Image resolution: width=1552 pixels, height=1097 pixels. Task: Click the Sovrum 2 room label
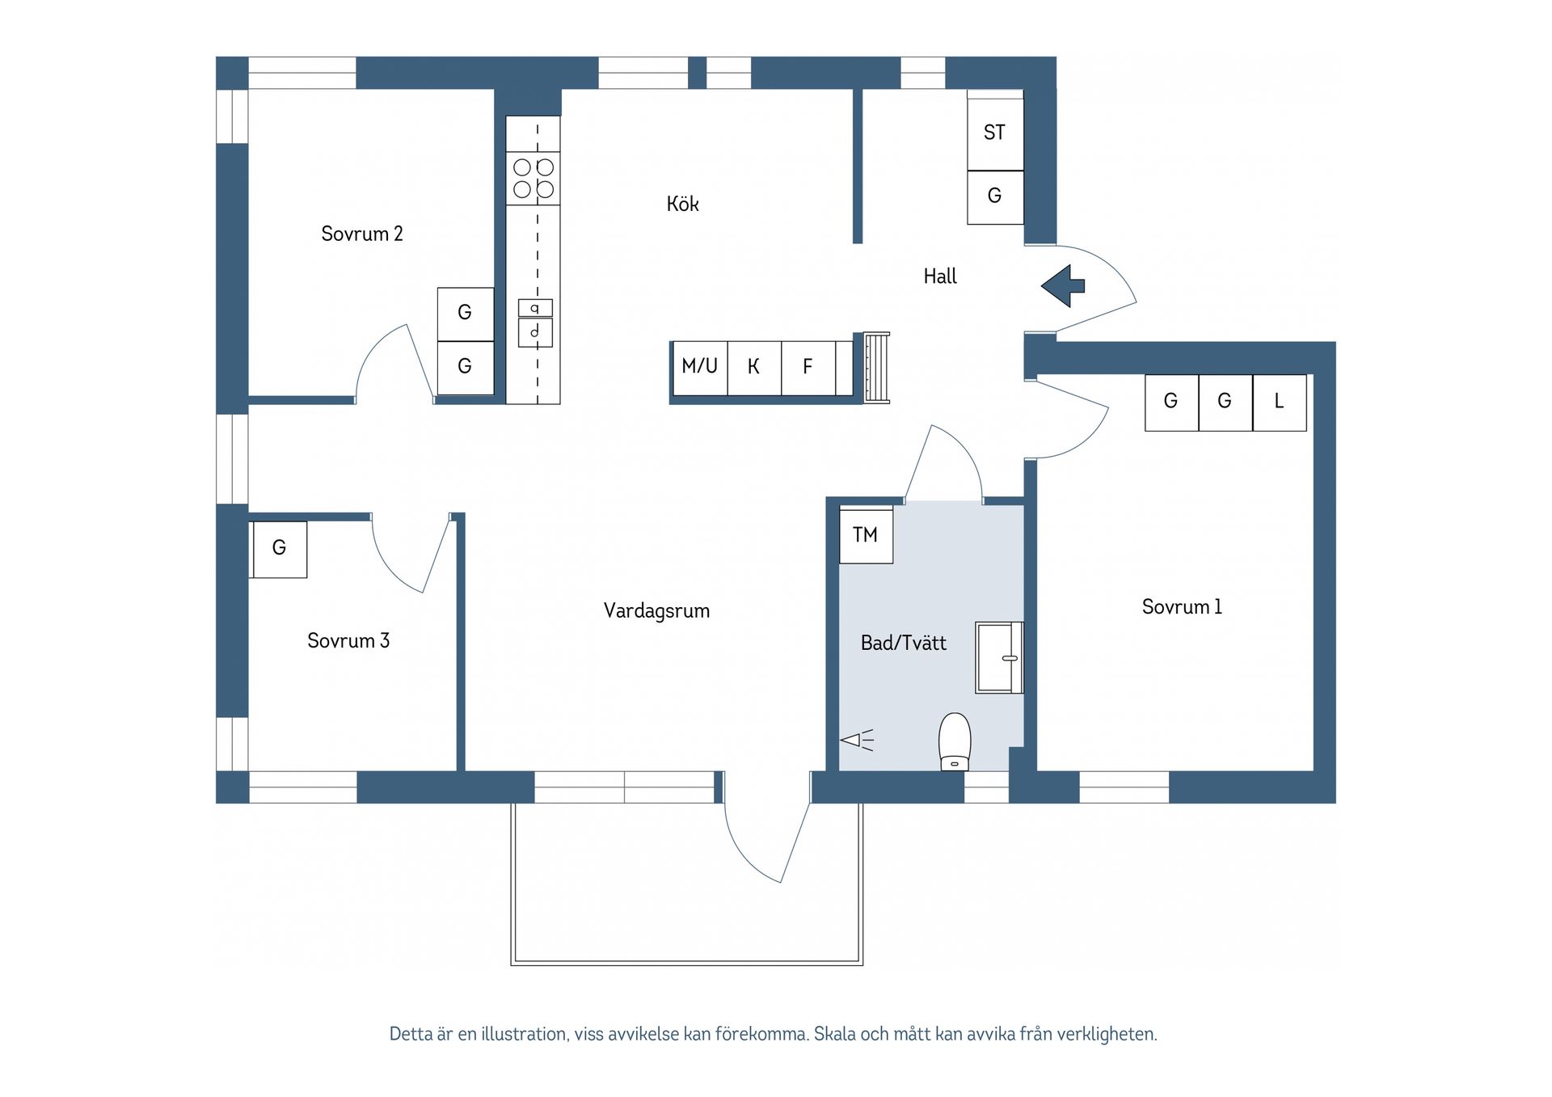361,234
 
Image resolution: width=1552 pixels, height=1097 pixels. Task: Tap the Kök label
682,204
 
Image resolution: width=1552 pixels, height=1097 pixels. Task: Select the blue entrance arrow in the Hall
1063,285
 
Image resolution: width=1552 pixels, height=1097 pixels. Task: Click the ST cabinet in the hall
995,133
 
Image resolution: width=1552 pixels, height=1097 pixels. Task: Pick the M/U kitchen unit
699,367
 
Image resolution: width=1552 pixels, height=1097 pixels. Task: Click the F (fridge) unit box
808,367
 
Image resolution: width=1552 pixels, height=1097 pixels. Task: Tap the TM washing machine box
866,535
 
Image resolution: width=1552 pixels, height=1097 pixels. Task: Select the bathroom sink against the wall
999,657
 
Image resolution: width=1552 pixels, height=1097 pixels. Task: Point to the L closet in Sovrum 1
1279,402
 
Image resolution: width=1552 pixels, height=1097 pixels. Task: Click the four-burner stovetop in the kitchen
533,179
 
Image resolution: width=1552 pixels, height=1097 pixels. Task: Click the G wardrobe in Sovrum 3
279,548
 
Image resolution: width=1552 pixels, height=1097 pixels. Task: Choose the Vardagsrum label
656,611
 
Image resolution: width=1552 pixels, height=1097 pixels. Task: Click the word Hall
939,276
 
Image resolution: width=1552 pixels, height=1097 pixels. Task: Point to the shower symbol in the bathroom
857,740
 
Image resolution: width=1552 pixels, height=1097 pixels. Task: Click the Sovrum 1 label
1181,607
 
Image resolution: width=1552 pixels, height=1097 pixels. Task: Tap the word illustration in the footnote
525,1034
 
